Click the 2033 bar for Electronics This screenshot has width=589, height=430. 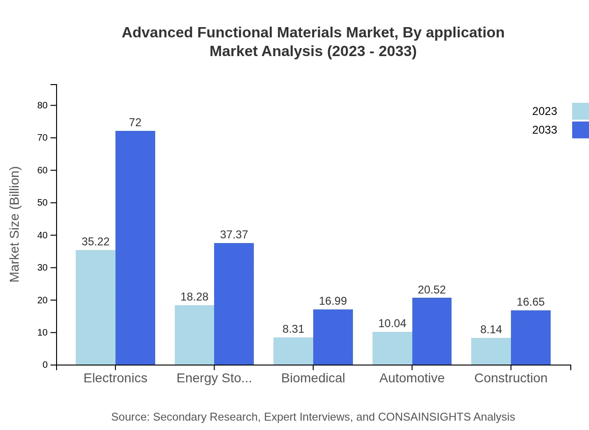click(x=135, y=248)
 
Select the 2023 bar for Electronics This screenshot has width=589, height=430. click(x=95, y=307)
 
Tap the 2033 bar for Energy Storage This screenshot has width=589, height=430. click(x=234, y=304)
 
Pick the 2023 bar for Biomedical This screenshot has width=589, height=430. click(x=293, y=351)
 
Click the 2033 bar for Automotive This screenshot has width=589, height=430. click(x=432, y=331)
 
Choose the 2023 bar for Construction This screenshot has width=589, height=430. click(x=491, y=351)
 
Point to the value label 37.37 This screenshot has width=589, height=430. click(x=234, y=235)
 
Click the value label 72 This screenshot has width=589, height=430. click(x=135, y=122)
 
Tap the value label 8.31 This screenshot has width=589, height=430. click(x=293, y=329)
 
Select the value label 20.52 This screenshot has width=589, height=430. click(x=432, y=290)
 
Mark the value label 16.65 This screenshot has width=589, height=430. click(x=531, y=302)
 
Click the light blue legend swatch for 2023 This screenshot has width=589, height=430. click(x=580, y=111)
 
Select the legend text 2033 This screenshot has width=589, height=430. click(x=545, y=130)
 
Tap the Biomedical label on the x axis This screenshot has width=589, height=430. click(x=313, y=378)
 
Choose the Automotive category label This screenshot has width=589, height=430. click(x=412, y=378)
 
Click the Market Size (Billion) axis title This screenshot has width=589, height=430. click(x=15, y=224)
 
